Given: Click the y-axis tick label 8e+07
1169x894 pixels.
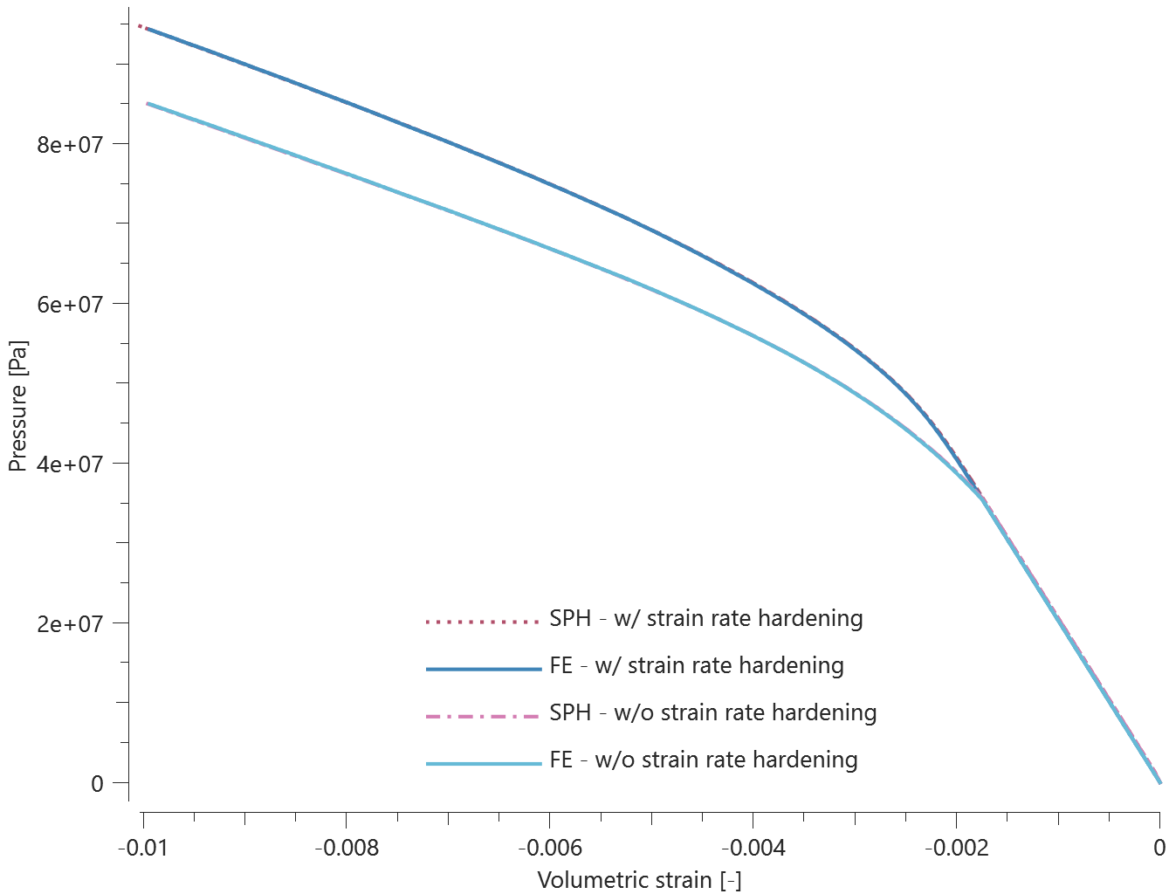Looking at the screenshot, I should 70,144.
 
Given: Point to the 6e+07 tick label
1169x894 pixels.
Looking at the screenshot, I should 70,304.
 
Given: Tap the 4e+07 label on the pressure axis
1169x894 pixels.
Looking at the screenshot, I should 70,464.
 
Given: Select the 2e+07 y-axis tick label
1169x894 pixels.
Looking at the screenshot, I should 70,623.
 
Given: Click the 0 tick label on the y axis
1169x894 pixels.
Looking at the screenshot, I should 97,783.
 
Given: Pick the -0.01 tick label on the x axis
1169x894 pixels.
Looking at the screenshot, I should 143,848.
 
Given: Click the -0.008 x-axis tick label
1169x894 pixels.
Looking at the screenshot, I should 347,848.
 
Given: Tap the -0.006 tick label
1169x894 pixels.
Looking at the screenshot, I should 550,848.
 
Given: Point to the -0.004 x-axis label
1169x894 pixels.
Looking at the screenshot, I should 753,848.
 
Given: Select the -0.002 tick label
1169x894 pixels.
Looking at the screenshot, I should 957,848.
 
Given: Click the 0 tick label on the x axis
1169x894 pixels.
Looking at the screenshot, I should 1159,848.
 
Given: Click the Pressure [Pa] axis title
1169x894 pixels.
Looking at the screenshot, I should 17,406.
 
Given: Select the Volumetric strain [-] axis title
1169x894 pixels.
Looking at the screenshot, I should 639,879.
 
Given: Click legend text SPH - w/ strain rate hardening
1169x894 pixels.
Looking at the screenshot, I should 705,619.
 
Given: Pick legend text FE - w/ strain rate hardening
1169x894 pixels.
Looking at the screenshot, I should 696,666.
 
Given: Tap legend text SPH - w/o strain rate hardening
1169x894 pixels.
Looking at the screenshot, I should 712,713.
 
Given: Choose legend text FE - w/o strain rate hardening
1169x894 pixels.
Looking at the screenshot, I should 703,760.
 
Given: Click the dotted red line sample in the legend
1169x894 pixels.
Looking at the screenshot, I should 484,622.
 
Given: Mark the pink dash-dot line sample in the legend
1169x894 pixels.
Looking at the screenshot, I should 484,716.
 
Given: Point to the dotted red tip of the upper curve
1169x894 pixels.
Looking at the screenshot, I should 141,26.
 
